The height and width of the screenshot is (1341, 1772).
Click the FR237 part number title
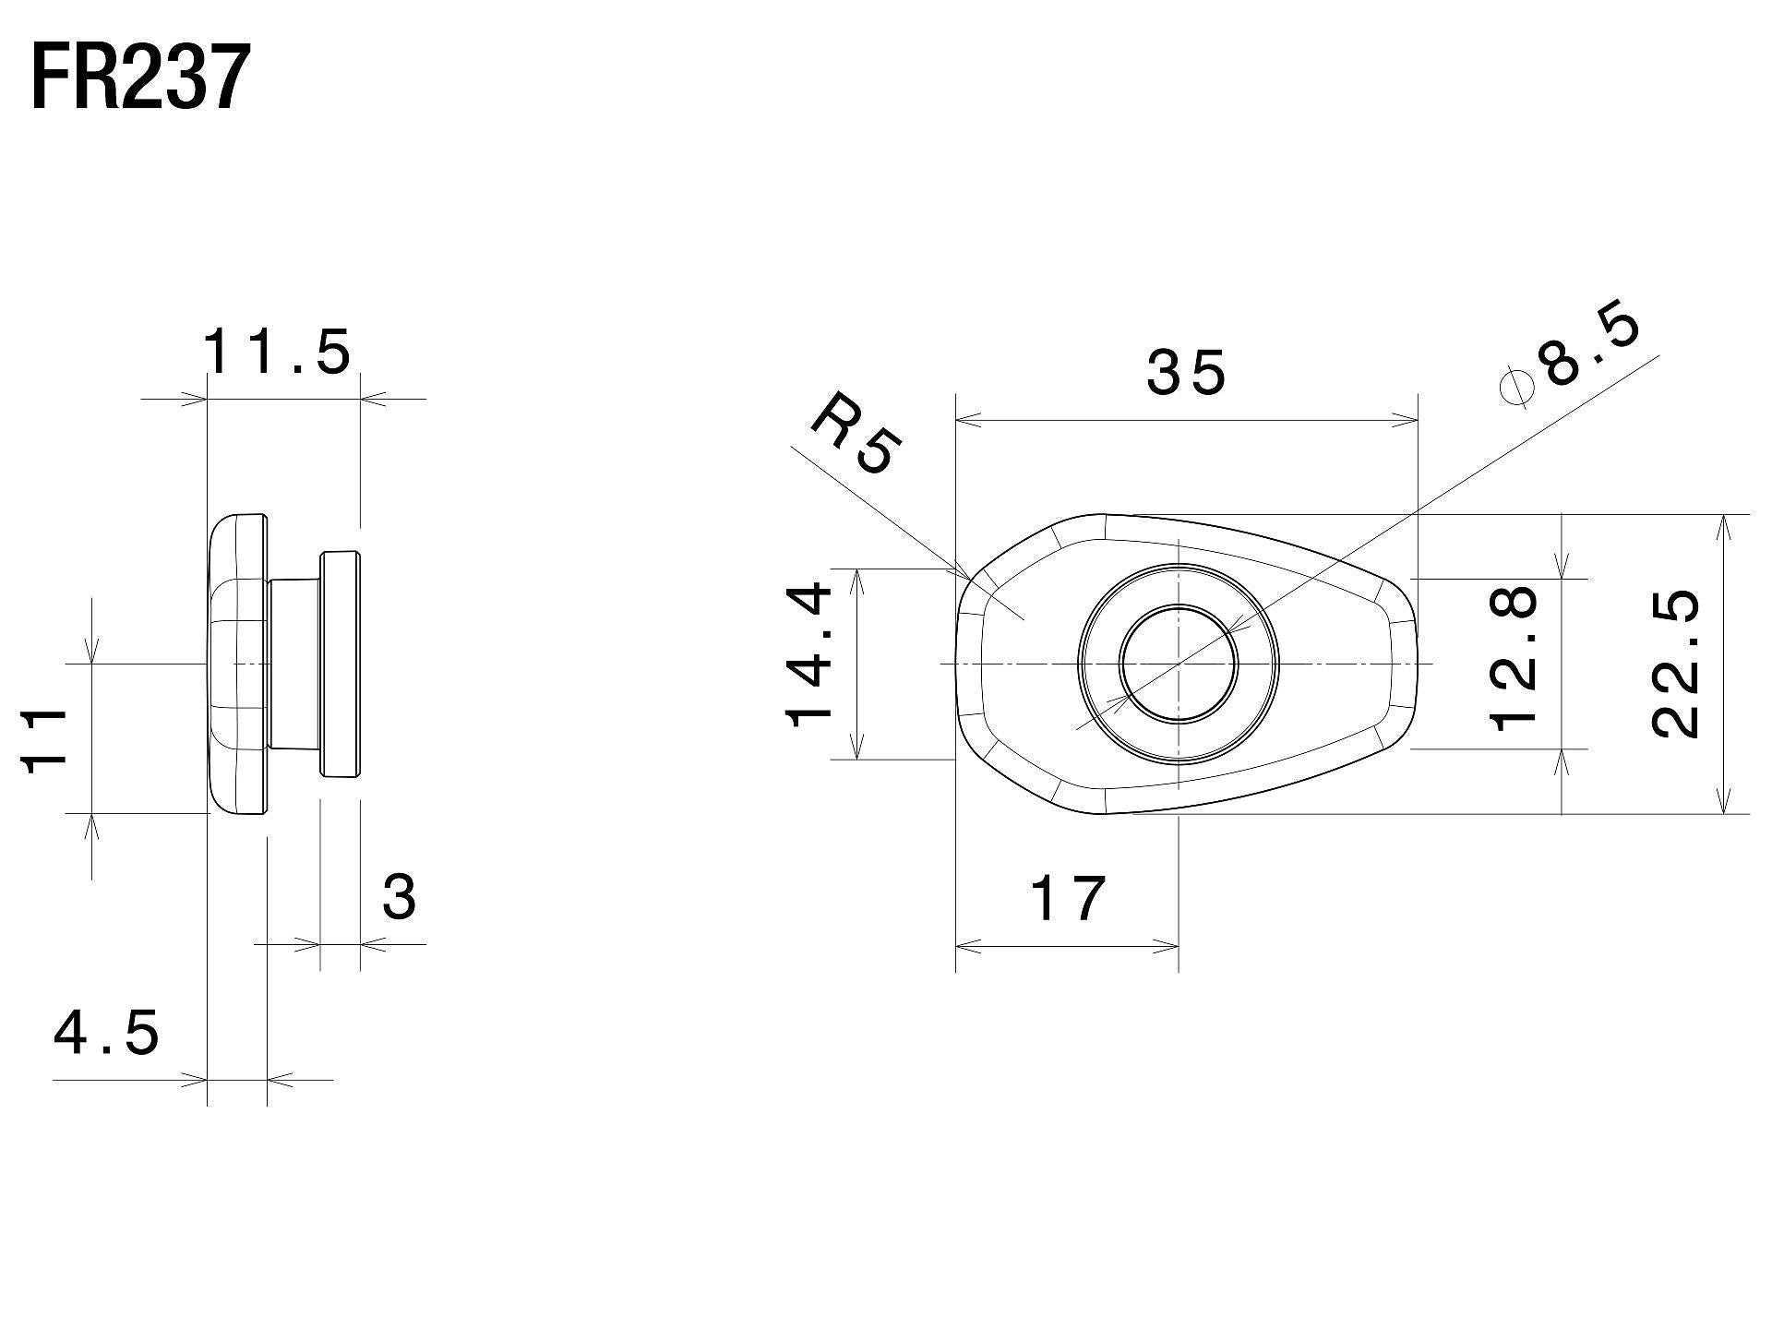tap(140, 79)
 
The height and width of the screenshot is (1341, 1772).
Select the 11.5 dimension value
tap(277, 353)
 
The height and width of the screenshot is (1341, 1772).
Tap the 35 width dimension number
tap(1186, 374)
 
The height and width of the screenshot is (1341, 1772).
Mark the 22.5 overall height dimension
tap(1675, 664)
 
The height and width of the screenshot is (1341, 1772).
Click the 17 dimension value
tap(1068, 899)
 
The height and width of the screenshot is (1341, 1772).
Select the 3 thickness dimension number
tap(399, 897)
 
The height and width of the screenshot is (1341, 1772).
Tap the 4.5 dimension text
tap(107, 1033)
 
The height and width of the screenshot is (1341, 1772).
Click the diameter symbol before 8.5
tap(1516, 389)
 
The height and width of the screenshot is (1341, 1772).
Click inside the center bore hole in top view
tap(1179, 664)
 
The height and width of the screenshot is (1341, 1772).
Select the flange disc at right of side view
tap(341, 664)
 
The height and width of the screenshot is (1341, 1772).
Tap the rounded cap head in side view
tap(238, 664)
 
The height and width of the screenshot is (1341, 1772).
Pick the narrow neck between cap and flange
tap(294, 664)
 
